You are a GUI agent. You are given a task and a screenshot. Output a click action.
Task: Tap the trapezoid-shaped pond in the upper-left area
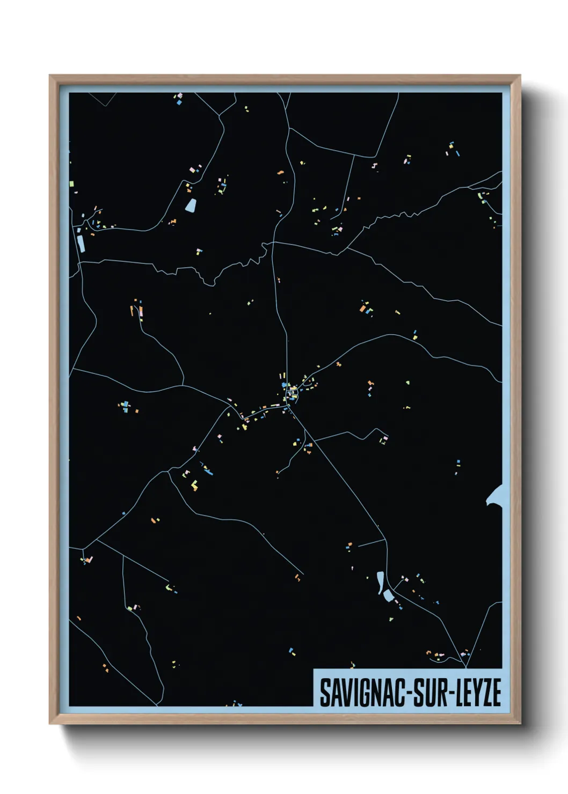tap(191, 204)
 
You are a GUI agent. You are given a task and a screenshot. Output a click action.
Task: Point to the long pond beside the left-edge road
tap(81, 242)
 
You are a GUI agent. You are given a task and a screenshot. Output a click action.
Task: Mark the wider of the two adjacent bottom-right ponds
tap(388, 595)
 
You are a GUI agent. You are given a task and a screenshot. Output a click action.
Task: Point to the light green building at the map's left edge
tap(71, 183)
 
